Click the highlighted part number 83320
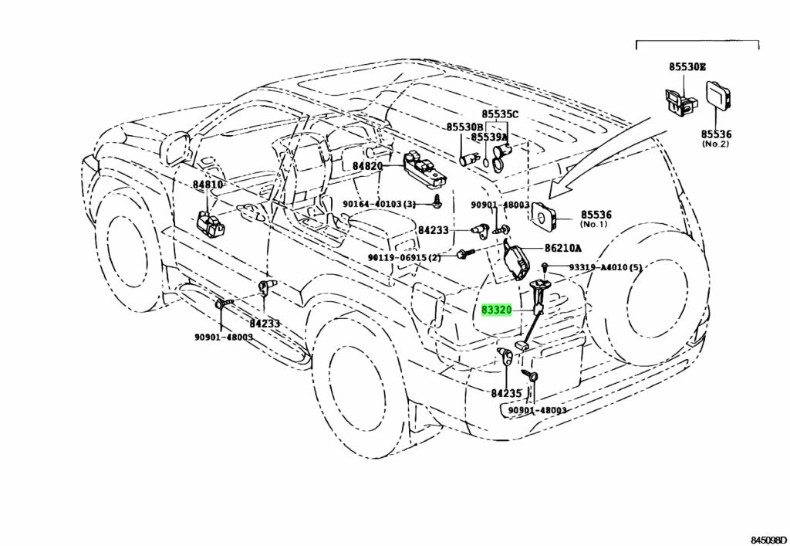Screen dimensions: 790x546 click(496, 310)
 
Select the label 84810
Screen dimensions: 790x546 click(207, 185)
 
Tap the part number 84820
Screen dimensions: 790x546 click(367, 165)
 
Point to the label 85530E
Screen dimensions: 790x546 click(687, 66)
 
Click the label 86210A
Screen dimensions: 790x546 click(562, 248)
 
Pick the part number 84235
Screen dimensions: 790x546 click(506, 393)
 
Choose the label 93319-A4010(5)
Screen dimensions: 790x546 click(606, 267)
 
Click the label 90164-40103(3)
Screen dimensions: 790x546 click(380, 204)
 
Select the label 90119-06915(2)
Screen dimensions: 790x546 click(404, 258)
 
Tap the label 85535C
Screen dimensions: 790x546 click(499, 114)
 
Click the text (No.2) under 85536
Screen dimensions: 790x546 click(715, 144)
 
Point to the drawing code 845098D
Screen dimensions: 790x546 click(768, 540)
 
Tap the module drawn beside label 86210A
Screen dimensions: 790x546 click(518, 259)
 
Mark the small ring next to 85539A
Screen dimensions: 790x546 click(484, 163)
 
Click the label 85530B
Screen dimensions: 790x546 click(464, 127)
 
